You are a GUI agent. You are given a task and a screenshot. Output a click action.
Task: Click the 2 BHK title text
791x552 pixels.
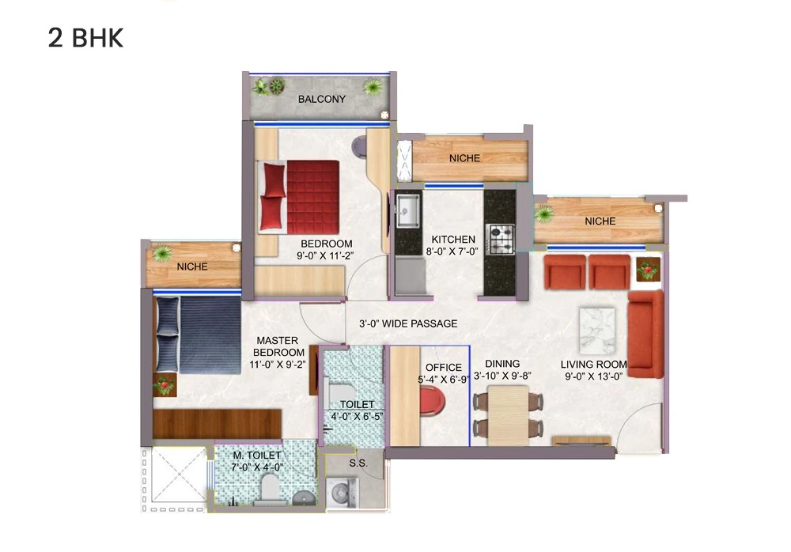pyautogui.click(x=85, y=38)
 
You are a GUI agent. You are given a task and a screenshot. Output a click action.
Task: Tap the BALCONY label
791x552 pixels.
pyautogui.click(x=321, y=100)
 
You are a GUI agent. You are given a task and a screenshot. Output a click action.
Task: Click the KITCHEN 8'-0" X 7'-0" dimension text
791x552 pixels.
pyautogui.click(x=453, y=245)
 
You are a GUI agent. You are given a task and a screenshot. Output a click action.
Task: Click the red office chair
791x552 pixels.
pyautogui.click(x=432, y=402)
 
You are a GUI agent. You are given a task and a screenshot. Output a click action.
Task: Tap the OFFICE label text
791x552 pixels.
pyautogui.click(x=443, y=368)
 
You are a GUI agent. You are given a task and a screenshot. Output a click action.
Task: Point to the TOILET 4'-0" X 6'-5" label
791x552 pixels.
pyautogui.click(x=352, y=410)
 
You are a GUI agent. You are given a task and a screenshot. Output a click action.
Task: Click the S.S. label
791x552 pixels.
pyautogui.click(x=358, y=463)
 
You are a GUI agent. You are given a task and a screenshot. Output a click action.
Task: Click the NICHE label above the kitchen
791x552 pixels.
pyautogui.click(x=464, y=158)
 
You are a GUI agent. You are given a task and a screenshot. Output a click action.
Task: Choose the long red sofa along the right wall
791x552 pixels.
pyautogui.click(x=645, y=334)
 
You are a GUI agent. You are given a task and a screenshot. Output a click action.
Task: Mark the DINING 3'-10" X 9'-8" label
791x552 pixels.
pyautogui.click(x=502, y=369)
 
